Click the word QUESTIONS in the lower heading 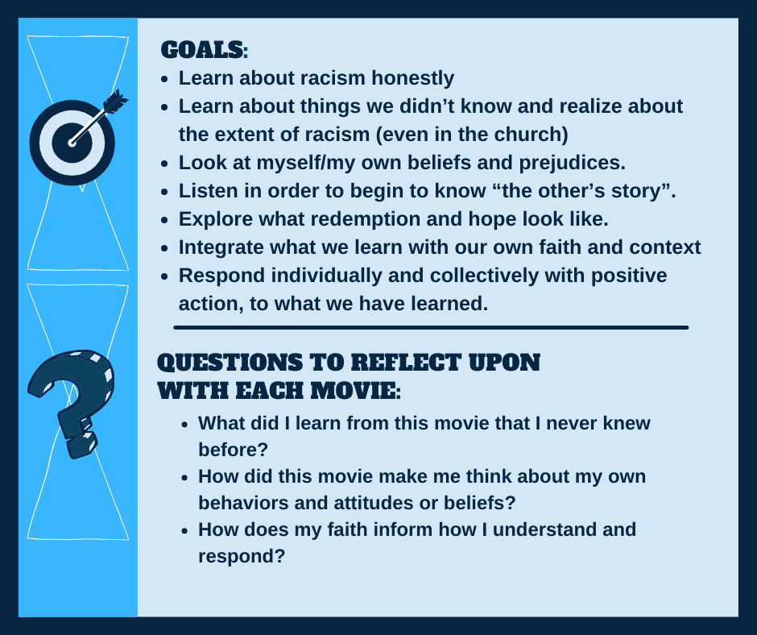click(230, 363)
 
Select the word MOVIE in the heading click(355, 391)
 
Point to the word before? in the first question click(234, 450)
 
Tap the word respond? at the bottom click(242, 557)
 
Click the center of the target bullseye click(72, 143)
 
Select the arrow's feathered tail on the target click(116, 102)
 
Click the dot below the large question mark click(82, 445)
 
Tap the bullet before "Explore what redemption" click(165, 220)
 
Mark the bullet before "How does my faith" click(185, 530)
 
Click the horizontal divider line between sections click(431, 328)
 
